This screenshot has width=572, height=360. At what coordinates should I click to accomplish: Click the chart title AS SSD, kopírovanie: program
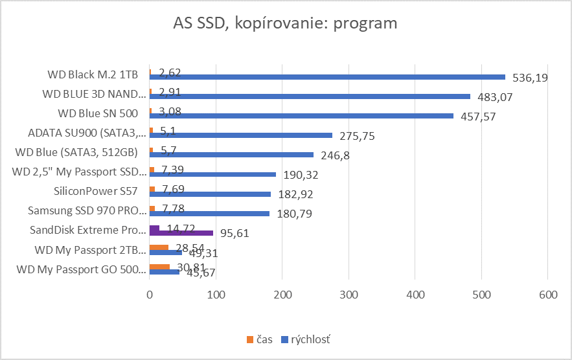point(285,24)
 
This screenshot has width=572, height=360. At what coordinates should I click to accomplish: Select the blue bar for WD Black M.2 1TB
point(327,77)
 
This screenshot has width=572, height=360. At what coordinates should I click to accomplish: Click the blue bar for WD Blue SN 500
point(301,116)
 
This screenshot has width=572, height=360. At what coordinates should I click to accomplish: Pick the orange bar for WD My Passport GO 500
point(159,267)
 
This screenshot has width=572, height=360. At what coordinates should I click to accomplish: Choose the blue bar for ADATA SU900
point(241,135)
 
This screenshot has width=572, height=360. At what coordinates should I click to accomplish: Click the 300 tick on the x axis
point(349,295)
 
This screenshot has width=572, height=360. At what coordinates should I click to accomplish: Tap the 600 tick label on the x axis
point(547,295)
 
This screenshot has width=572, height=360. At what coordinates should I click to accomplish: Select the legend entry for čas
point(260,339)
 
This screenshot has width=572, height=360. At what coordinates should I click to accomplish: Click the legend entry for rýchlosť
point(306,339)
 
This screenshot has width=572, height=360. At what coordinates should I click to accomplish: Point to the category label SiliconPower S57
point(95,191)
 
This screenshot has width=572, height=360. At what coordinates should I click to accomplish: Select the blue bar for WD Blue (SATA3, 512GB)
point(231,155)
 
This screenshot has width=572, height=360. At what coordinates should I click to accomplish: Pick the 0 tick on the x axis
point(150,295)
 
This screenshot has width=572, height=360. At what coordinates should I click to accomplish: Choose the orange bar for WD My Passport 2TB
point(159,247)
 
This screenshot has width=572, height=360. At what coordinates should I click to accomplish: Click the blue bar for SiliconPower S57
point(211,194)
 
